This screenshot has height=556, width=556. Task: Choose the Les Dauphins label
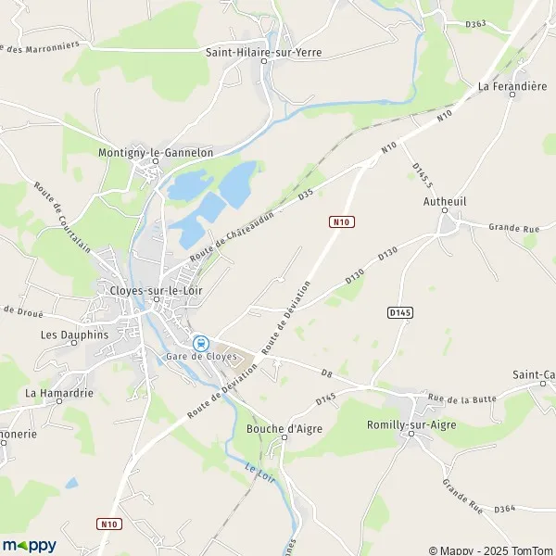coord(75,335)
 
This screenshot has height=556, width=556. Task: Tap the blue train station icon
coord(199,343)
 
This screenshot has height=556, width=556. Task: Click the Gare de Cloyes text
coord(202,357)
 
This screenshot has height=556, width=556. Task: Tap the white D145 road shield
coord(399,313)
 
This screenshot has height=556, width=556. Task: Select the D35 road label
coord(307,196)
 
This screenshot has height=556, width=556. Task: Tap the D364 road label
coord(504,510)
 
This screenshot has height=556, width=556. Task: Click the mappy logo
coord(29,545)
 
